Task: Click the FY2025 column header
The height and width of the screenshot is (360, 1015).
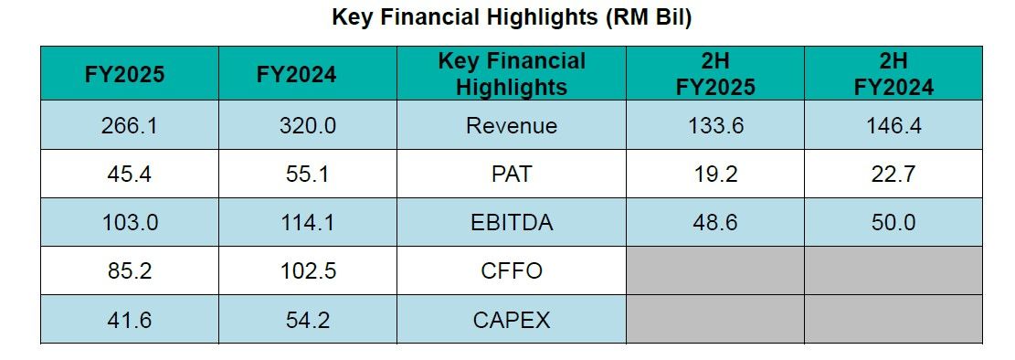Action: (x=125, y=74)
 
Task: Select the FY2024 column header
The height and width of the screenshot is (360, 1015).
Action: (x=297, y=74)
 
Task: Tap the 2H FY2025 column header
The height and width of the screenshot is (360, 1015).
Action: (x=715, y=74)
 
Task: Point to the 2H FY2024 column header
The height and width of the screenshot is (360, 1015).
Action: (x=893, y=74)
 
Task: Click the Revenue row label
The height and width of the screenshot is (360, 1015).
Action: (x=512, y=125)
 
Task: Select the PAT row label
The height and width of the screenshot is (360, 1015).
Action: (x=512, y=174)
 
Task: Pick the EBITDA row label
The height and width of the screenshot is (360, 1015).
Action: (x=512, y=222)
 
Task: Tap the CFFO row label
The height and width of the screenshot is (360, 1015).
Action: (x=512, y=270)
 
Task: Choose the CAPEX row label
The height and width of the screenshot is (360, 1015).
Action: (x=512, y=319)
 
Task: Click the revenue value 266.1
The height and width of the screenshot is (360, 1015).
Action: (x=129, y=125)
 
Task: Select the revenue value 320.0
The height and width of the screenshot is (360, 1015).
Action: (x=308, y=125)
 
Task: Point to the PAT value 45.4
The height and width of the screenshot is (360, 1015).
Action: (x=129, y=174)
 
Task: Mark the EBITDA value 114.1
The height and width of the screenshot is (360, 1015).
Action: (x=308, y=222)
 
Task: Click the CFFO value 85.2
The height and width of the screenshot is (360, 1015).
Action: (x=129, y=270)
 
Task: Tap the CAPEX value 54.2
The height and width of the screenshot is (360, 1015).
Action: (x=308, y=319)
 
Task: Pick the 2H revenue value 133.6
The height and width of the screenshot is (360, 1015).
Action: (x=715, y=125)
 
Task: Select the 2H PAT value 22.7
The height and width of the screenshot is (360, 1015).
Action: (x=893, y=174)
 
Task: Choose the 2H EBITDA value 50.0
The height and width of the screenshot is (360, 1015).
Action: (x=893, y=222)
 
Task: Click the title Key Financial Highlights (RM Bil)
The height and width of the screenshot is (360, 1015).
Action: (x=512, y=16)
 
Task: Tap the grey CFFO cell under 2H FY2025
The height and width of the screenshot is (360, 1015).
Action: (x=715, y=270)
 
